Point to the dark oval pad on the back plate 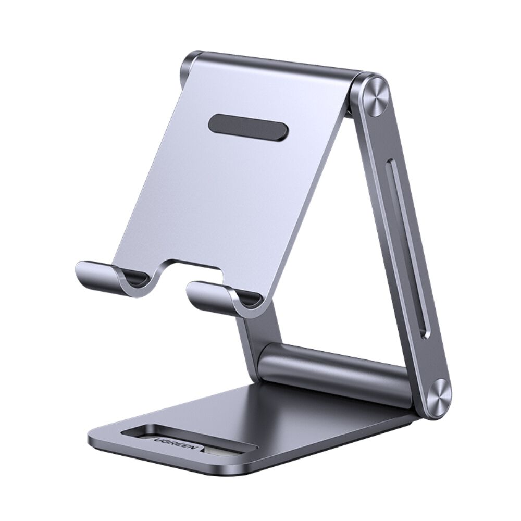[x=249, y=126]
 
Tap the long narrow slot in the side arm [x=411, y=250]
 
